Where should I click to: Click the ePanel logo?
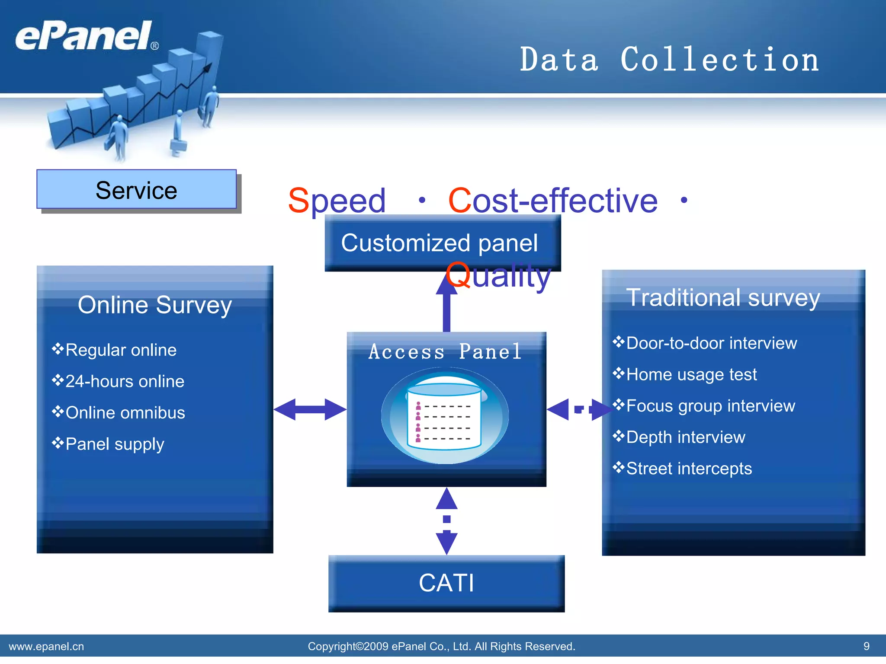point(84,36)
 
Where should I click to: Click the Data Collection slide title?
point(669,60)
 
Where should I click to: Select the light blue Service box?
point(136,190)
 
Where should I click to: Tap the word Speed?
point(337,201)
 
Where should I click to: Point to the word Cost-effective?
point(552,201)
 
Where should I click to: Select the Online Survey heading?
point(154,305)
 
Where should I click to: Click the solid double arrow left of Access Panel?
point(310,409)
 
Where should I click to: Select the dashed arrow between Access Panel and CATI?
point(446,520)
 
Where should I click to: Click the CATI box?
point(446,583)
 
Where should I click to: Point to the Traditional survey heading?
point(723,298)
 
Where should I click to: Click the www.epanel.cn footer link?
point(46,646)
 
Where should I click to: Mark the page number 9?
point(866,646)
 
